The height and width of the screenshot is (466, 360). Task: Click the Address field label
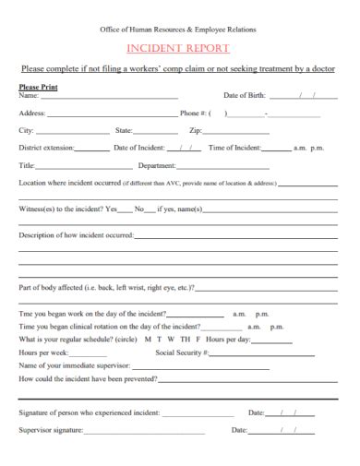(x=32, y=114)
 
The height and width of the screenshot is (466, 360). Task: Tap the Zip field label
(x=195, y=131)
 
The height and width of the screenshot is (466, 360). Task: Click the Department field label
(x=156, y=165)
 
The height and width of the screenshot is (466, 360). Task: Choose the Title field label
(x=26, y=165)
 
